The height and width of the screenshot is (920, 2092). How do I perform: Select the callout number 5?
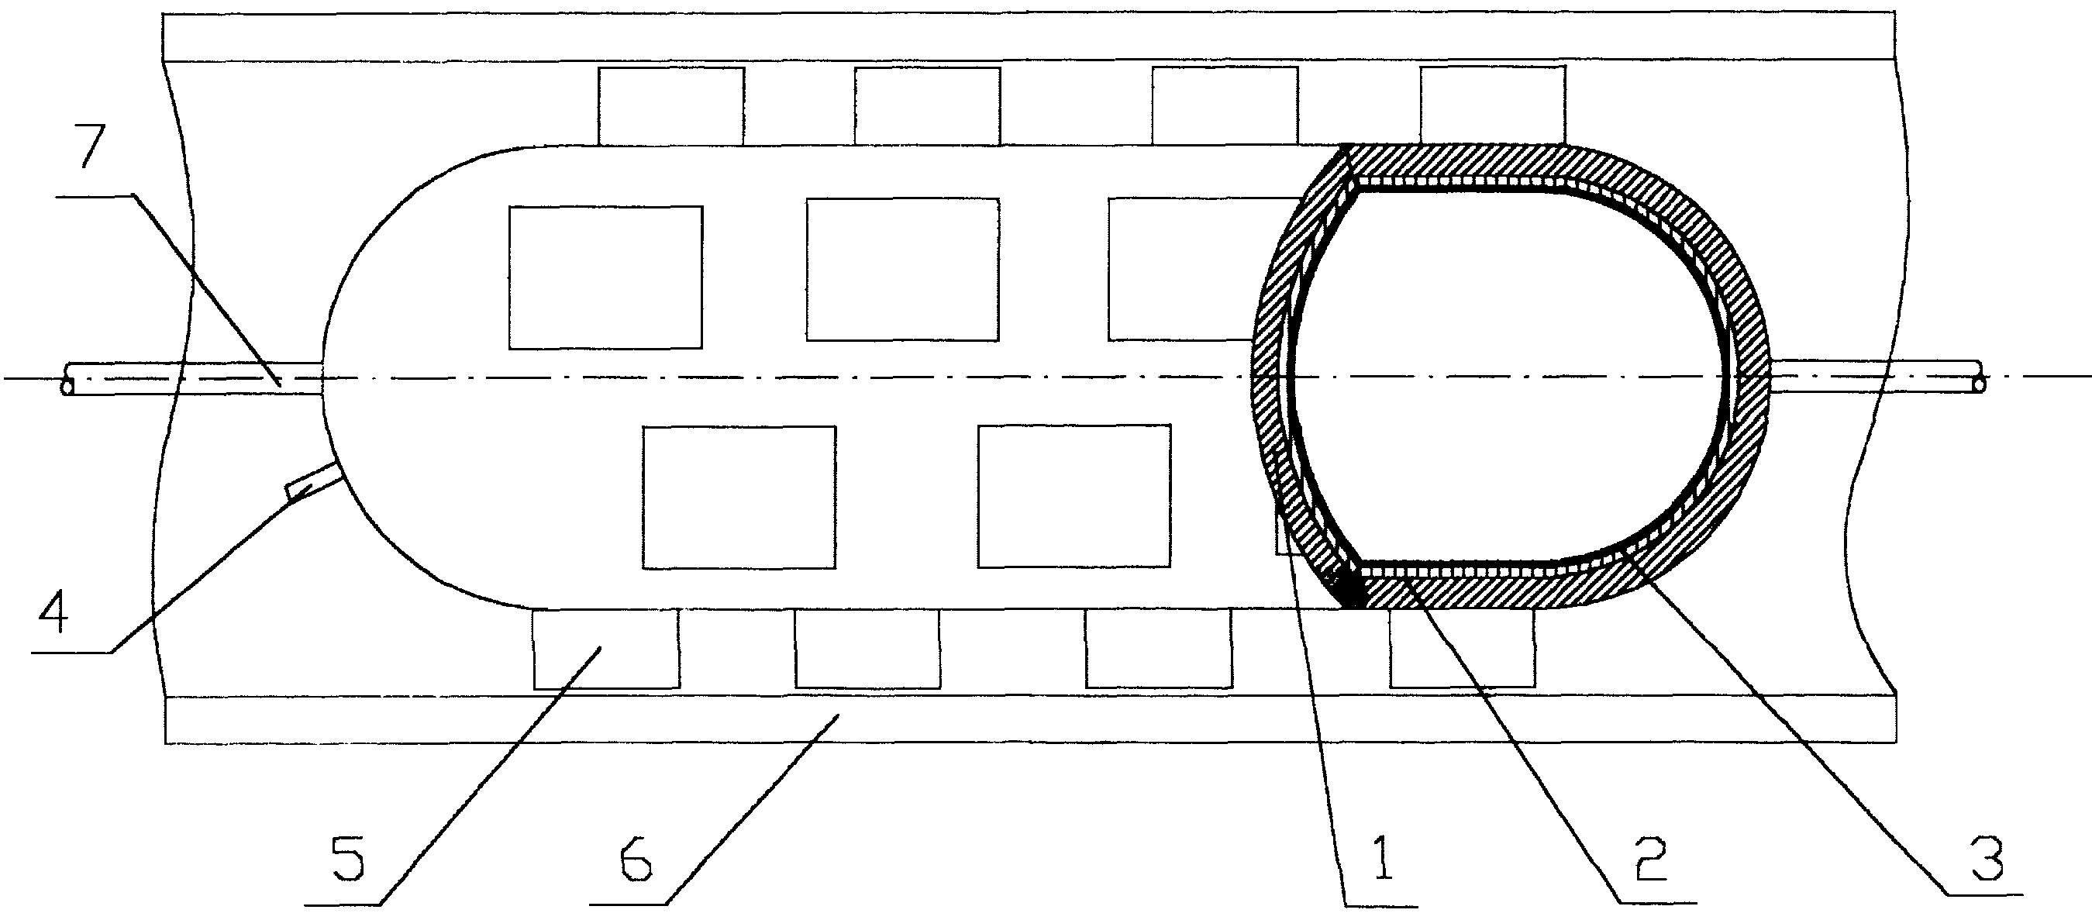click(x=350, y=860)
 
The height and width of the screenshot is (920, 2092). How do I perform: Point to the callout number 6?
click(x=635, y=860)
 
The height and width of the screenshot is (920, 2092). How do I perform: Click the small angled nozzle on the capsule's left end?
click(x=311, y=477)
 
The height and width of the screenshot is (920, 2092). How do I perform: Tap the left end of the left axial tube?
click(x=65, y=378)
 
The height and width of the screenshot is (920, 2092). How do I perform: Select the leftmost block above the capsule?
click(x=671, y=106)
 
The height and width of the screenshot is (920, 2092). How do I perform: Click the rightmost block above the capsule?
click(x=1492, y=105)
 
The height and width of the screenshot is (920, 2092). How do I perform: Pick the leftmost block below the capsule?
click(x=606, y=649)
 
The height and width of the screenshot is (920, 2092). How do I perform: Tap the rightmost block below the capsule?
click(x=1463, y=648)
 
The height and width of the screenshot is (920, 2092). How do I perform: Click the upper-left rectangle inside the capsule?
click(x=606, y=277)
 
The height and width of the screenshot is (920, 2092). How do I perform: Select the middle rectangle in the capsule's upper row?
click(x=902, y=269)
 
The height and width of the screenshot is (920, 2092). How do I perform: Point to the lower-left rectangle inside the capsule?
click(x=739, y=497)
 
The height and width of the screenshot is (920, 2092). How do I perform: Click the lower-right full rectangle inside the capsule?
click(x=1074, y=495)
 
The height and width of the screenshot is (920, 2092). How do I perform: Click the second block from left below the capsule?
click(x=867, y=649)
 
